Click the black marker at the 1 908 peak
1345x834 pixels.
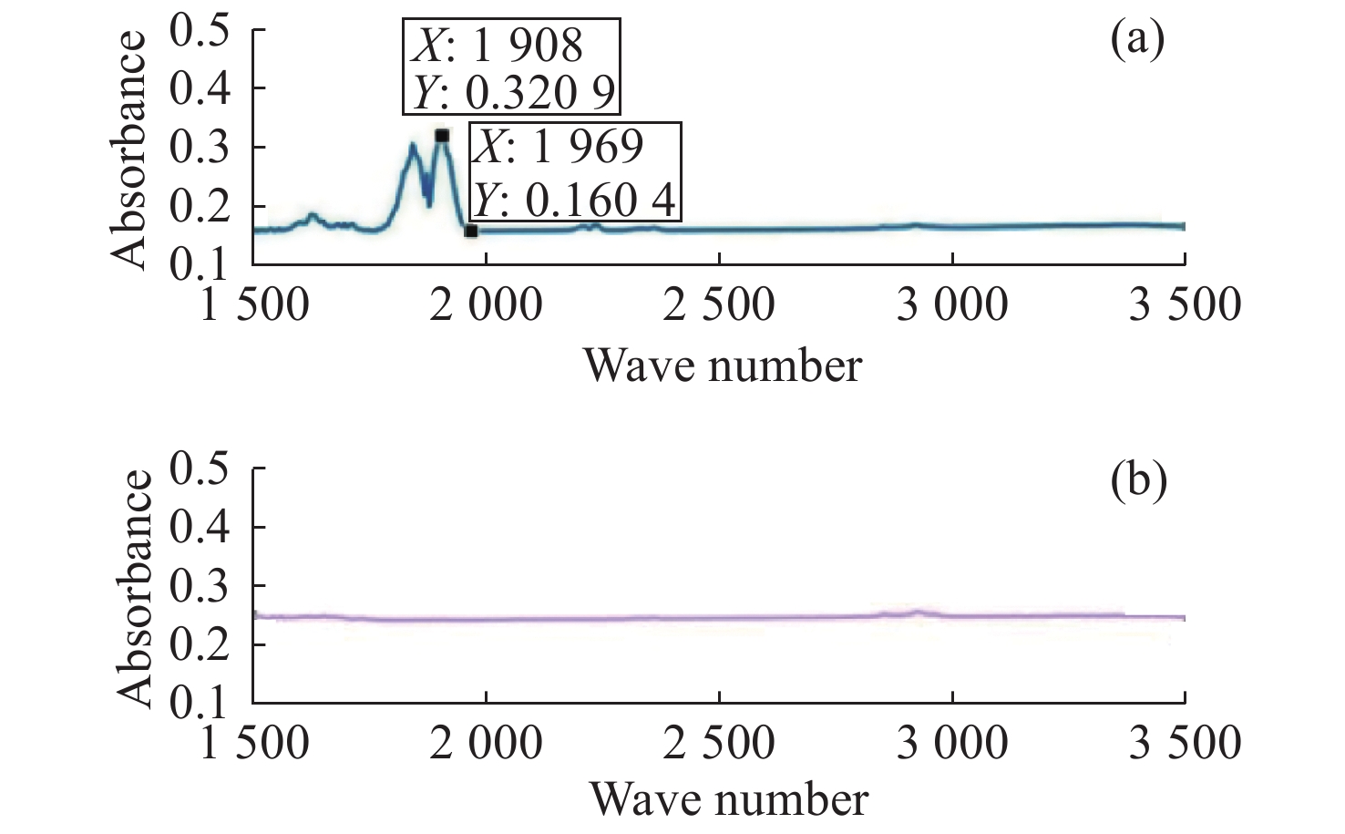click(x=442, y=136)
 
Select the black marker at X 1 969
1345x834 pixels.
click(x=470, y=231)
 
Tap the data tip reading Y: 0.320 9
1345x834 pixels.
click(x=511, y=67)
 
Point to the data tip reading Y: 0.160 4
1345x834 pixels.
click(x=575, y=172)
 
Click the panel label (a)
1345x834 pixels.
click(x=1137, y=41)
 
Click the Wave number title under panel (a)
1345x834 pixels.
click(x=722, y=366)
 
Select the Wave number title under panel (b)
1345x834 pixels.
click(x=728, y=800)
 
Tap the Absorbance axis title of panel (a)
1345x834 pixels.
click(x=130, y=149)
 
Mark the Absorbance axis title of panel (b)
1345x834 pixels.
click(x=134, y=588)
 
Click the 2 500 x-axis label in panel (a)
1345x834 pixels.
click(x=719, y=304)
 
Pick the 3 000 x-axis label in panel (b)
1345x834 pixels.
click(x=952, y=743)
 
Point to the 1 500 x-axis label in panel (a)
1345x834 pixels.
click(x=254, y=304)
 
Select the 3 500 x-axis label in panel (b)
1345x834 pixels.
click(x=1185, y=743)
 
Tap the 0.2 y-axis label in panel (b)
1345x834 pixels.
click(x=200, y=644)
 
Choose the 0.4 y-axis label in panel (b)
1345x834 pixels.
click(x=200, y=527)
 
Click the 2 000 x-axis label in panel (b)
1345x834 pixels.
click(x=487, y=743)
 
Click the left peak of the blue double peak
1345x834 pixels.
click(x=413, y=145)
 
